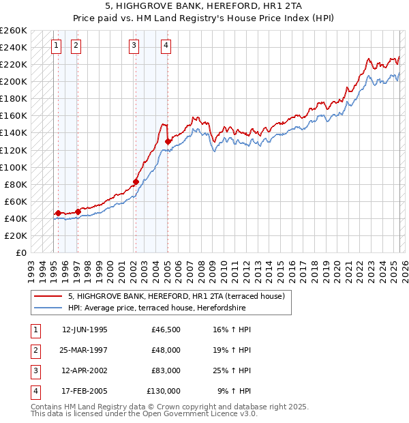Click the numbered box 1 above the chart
[x=55, y=46]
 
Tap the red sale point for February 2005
[x=168, y=141]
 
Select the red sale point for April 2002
[x=136, y=181]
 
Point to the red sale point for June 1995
[x=58, y=213]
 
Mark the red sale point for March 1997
[x=78, y=211]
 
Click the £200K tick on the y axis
[x=15, y=81]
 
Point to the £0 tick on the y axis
[x=22, y=252]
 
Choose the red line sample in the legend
[x=48, y=296]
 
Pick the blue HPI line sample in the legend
[x=48, y=308]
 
